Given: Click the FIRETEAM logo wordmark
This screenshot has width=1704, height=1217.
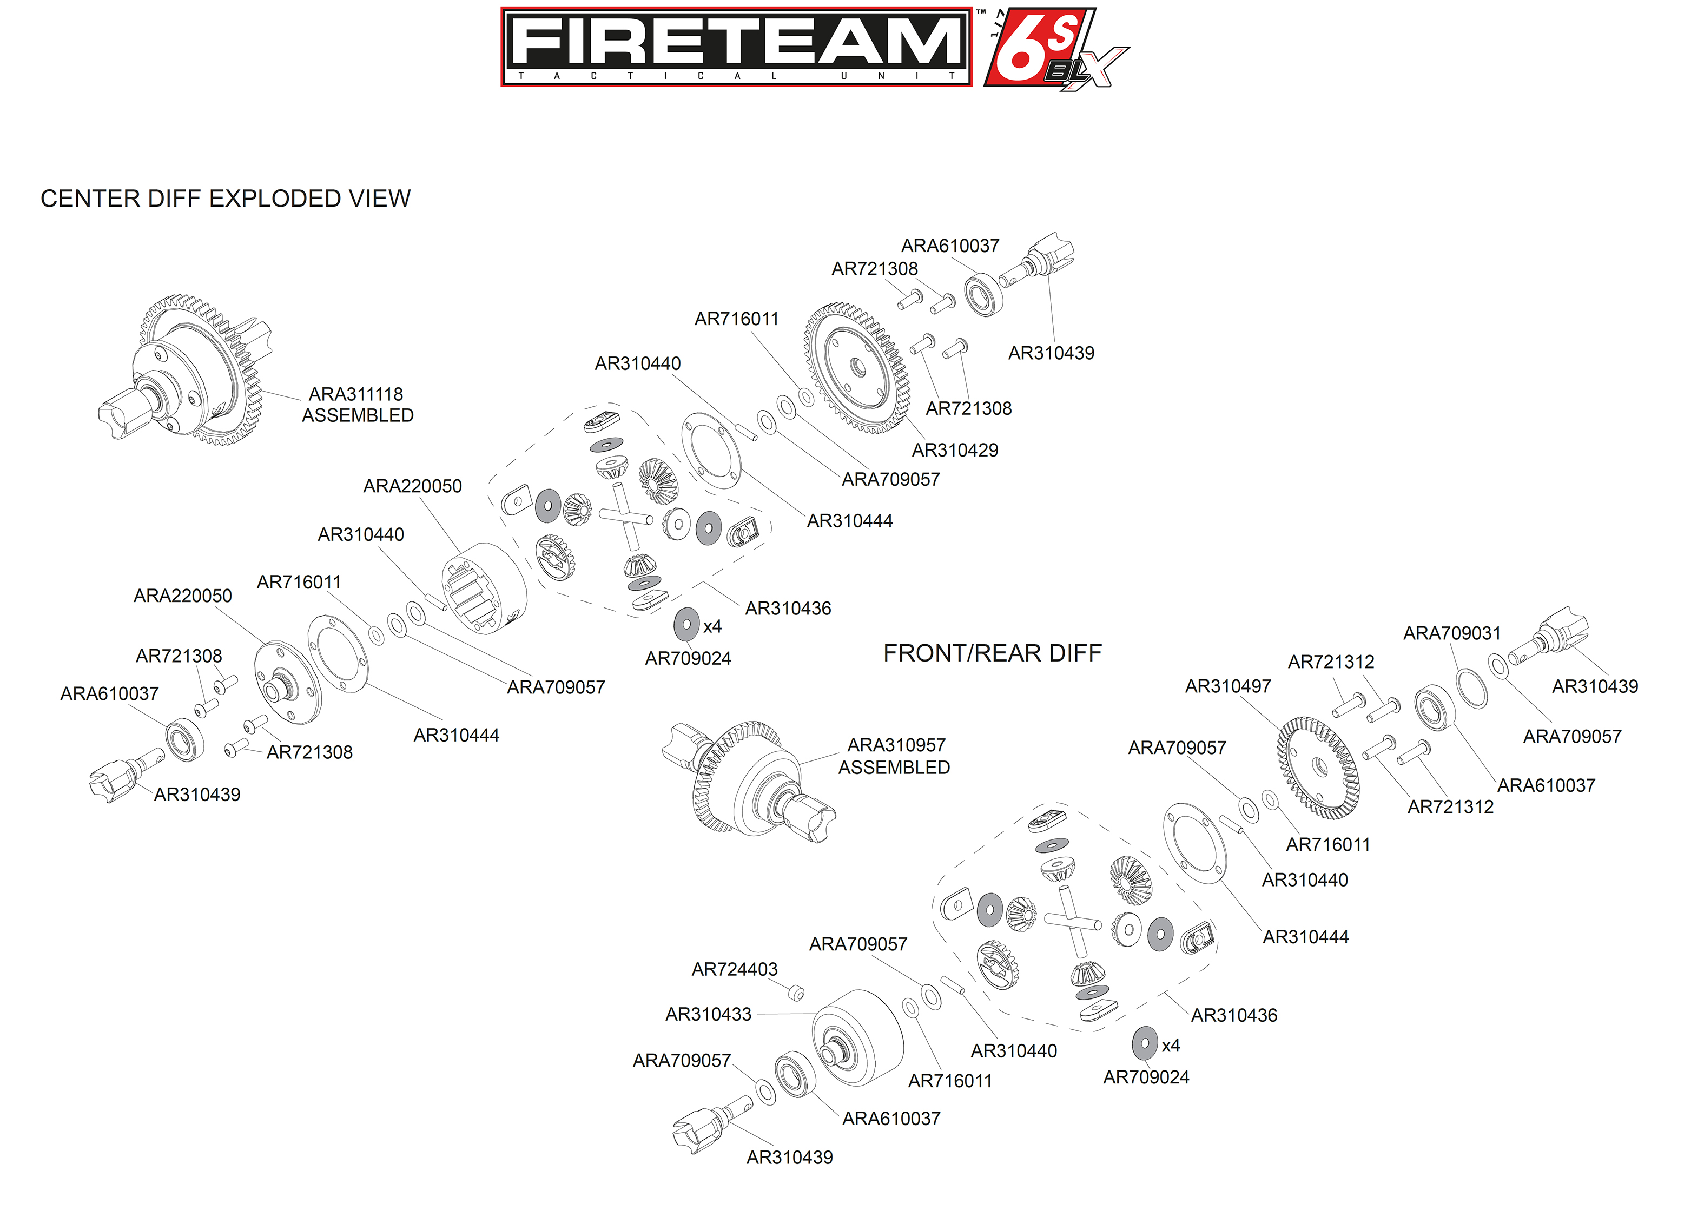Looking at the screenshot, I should tap(737, 41).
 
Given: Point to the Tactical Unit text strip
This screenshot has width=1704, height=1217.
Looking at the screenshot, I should tap(737, 76).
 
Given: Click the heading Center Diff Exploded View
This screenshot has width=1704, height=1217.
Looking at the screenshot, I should tap(226, 199).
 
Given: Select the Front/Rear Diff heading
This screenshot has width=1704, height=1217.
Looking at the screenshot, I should tap(992, 653).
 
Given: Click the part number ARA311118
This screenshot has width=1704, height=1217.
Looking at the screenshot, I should tap(356, 394).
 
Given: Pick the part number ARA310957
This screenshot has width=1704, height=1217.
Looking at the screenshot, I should tap(896, 745).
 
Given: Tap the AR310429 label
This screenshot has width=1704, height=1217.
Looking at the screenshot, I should tap(955, 451).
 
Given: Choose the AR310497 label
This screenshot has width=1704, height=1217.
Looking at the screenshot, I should tap(1227, 686).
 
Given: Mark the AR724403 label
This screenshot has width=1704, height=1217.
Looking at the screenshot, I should tap(735, 969).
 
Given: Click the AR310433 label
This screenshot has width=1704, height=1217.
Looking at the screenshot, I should tap(708, 1014).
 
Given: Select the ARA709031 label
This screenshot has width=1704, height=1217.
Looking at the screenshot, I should tap(1451, 633).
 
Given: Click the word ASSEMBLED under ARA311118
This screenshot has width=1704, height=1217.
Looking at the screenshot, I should tap(358, 415).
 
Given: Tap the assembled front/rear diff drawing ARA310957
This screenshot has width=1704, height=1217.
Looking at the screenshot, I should tap(749, 779).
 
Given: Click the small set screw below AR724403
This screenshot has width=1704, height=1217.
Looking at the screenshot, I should tap(796, 994).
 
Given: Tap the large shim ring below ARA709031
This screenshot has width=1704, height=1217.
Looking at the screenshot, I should tap(1472, 689).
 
